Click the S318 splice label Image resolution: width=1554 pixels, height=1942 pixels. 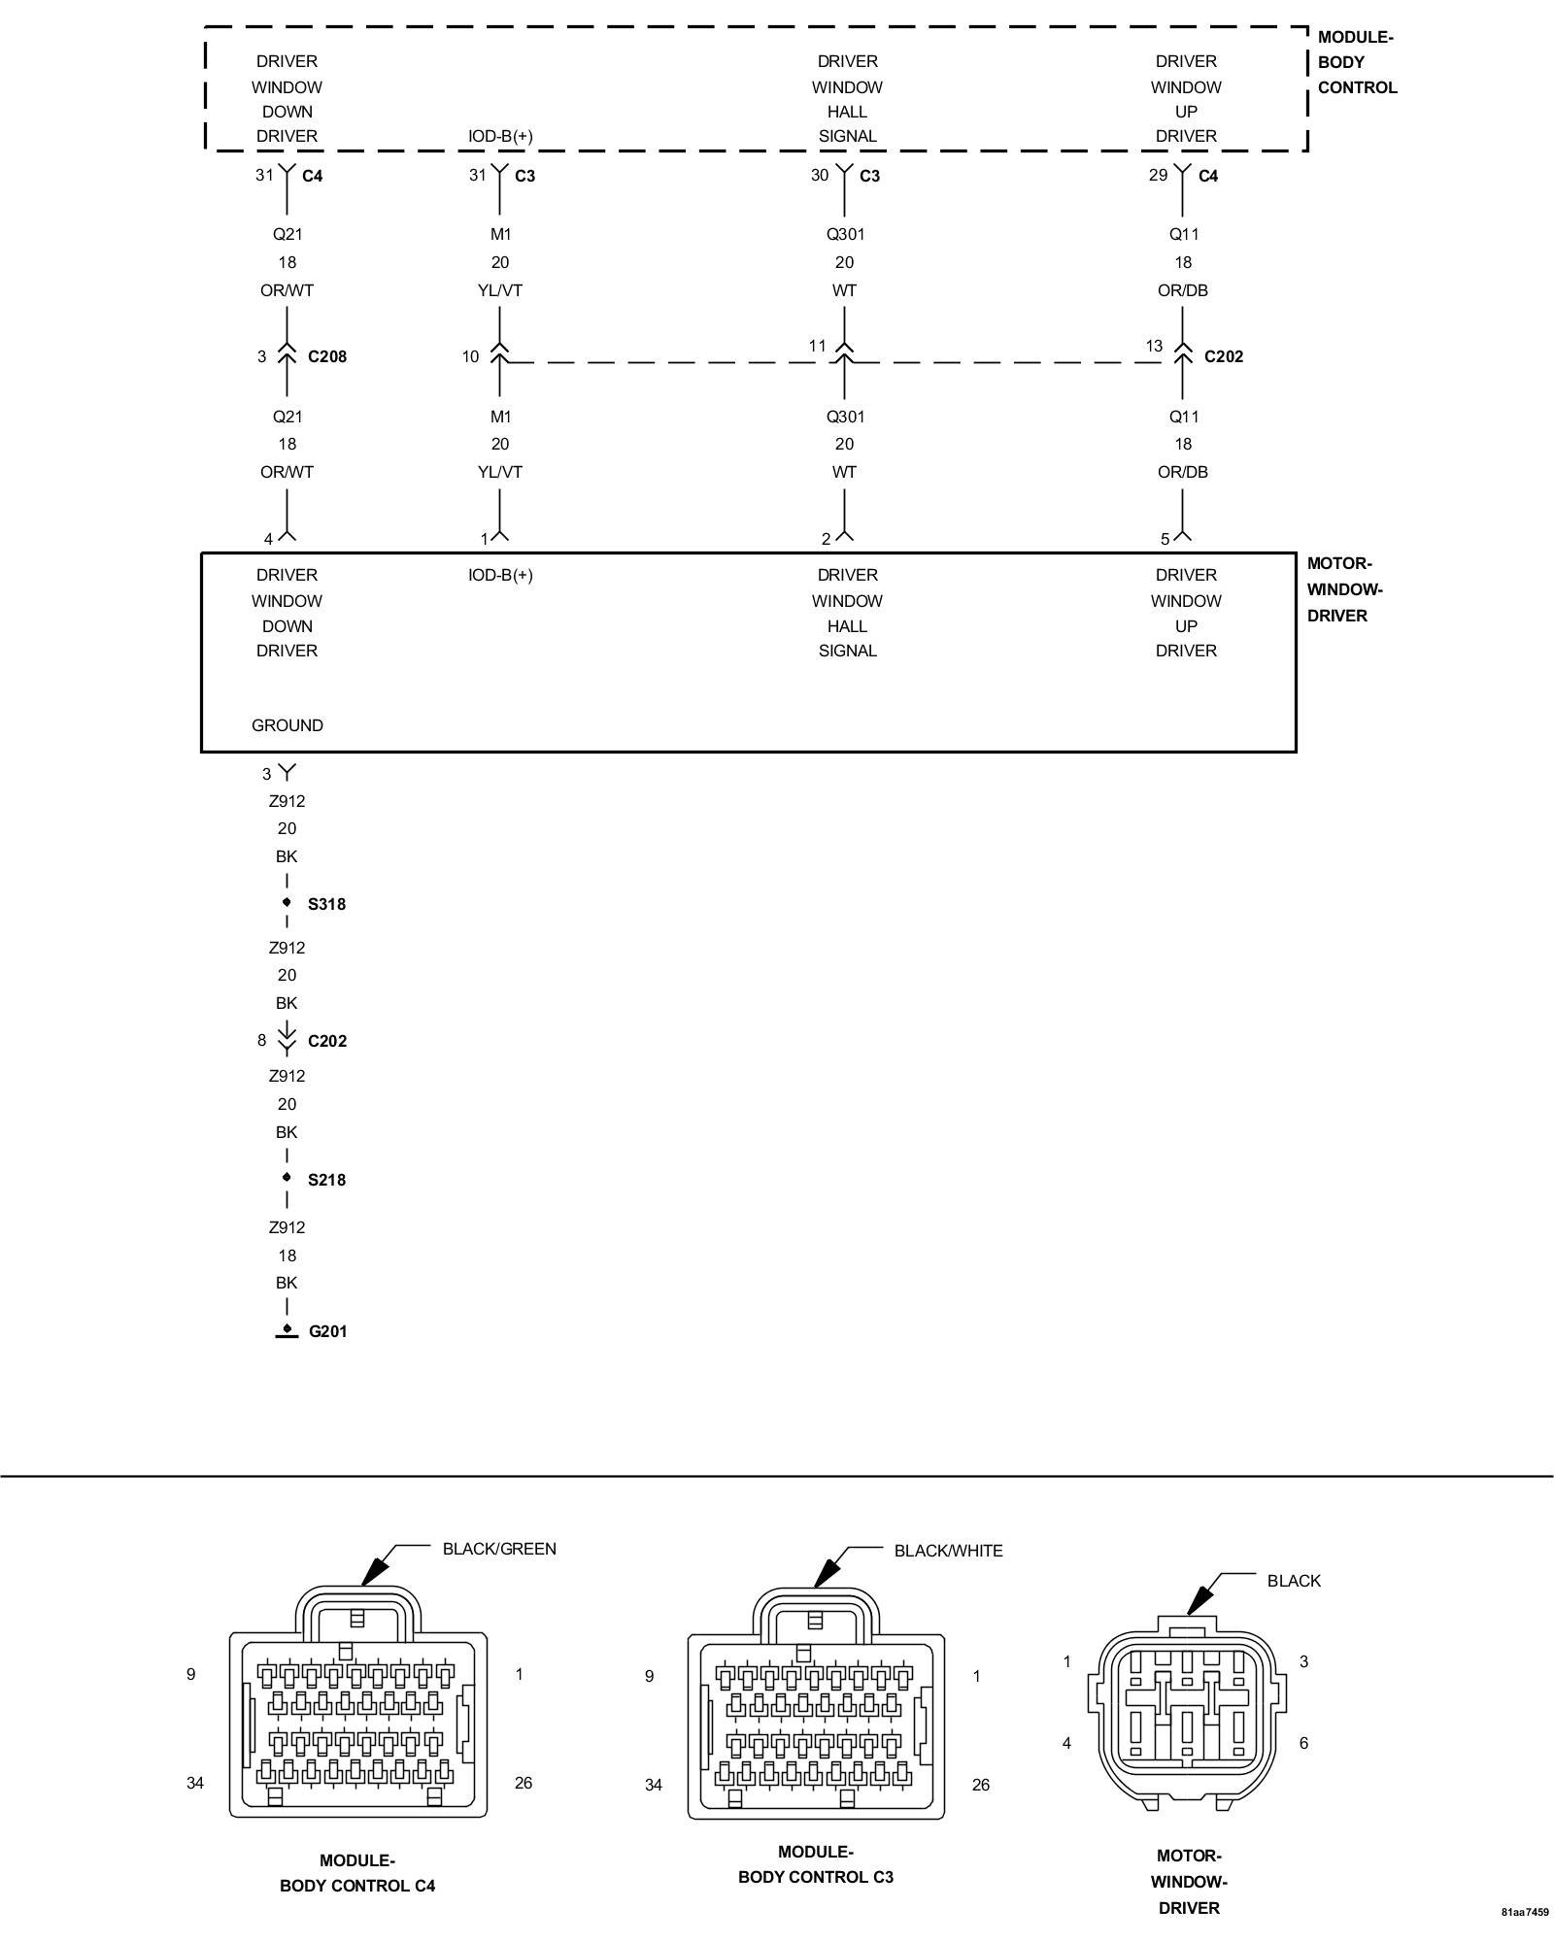[x=326, y=904]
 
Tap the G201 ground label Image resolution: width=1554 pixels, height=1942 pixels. [x=327, y=1331]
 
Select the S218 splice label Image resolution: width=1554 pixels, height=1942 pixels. [x=326, y=1180]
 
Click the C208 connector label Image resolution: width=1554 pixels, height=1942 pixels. [x=327, y=356]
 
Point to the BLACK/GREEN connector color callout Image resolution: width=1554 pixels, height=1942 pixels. [x=499, y=1549]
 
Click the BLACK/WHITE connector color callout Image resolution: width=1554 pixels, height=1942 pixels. [x=948, y=1551]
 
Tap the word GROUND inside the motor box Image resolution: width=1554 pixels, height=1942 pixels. [x=287, y=725]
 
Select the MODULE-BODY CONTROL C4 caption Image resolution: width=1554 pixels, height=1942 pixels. [x=357, y=1873]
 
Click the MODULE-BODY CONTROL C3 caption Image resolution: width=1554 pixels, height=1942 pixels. [x=816, y=1864]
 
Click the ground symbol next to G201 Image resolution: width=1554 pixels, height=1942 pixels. [x=287, y=1331]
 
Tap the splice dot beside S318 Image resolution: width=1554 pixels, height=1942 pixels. [x=287, y=903]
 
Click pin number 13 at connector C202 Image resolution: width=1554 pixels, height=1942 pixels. [x=1154, y=346]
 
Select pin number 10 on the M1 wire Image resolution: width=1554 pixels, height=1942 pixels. [x=470, y=357]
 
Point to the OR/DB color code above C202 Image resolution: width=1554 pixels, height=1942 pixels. [x=1183, y=290]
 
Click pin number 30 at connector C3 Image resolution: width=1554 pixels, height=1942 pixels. [x=820, y=175]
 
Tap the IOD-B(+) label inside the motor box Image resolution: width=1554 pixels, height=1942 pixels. [x=500, y=575]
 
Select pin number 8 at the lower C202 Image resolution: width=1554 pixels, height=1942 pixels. [x=261, y=1040]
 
